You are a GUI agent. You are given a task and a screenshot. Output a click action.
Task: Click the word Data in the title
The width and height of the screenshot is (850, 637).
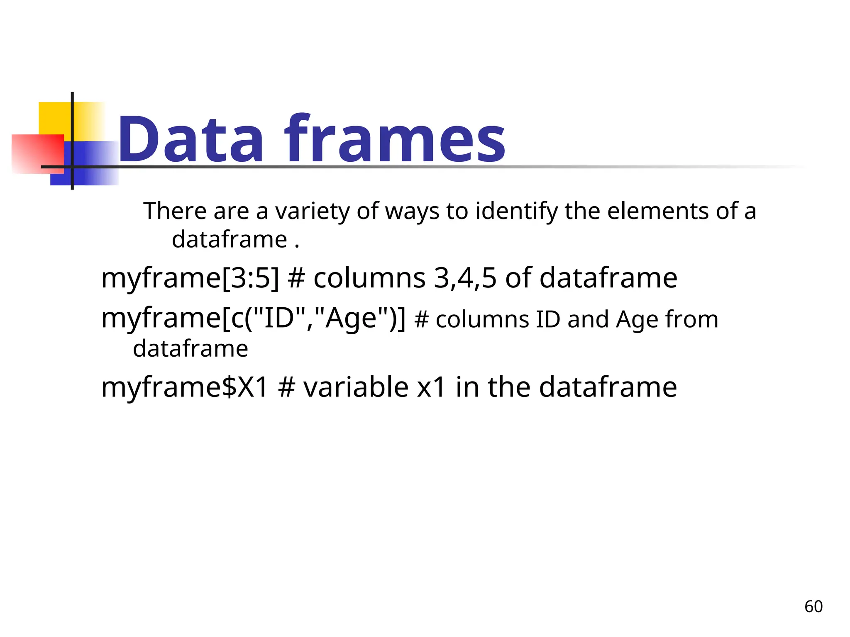tap(191, 139)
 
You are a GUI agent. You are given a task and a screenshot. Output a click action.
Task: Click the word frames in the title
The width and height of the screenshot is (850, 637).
tap(394, 139)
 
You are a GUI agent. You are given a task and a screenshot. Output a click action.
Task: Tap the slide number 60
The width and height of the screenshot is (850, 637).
tap(813, 607)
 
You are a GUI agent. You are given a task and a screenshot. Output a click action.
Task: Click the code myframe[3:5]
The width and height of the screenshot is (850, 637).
tap(190, 278)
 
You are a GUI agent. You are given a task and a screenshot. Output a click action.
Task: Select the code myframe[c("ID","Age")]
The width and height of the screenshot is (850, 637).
tap(253, 318)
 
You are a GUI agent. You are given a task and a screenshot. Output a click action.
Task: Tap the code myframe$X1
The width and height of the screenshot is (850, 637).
tap(185, 387)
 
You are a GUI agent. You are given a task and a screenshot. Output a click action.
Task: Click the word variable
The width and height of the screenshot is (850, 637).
tap(356, 387)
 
